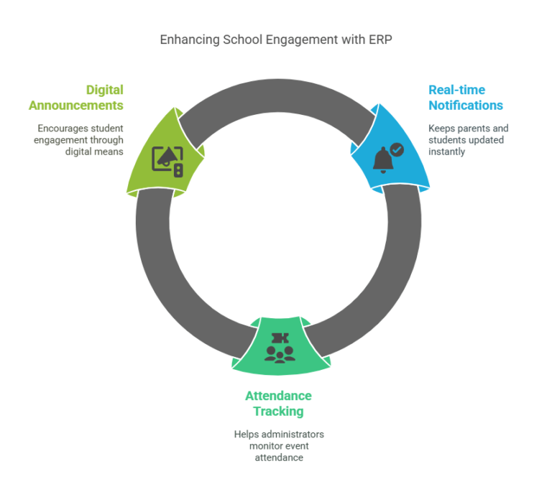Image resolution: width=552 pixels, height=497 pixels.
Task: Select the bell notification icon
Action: [384, 159]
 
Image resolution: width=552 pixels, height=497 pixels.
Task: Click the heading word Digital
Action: [104, 90]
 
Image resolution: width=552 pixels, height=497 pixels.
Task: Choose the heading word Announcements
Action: [76, 105]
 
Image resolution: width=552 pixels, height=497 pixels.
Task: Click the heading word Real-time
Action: [456, 90]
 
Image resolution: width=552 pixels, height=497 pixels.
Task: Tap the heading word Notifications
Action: [466, 105]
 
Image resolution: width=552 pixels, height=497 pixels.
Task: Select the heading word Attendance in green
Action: [278, 396]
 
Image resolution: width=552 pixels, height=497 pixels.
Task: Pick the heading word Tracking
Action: [278, 411]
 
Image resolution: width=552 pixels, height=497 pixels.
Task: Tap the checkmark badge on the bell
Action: [397, 149]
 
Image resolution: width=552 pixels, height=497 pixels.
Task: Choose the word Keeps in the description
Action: [441, 128]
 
